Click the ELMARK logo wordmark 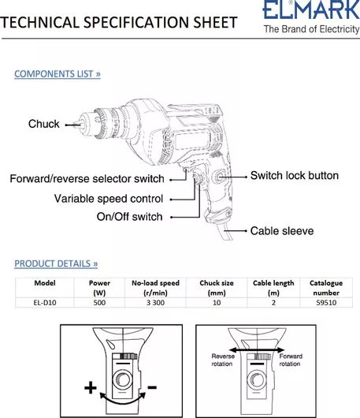pos(311,9)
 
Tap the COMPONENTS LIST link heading pos(58,74)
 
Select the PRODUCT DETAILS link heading pos(56,263)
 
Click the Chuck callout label pos(44,124)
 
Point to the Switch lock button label pos(295,176)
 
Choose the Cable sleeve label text pos(282,231)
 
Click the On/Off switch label pos(129,217)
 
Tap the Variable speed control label pos(109,199)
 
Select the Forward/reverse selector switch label pos(87,178)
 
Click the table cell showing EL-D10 pos(45,303)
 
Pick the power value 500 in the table pos(99,303)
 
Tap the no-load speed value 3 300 pos(155,303)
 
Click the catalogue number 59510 pos(326,303)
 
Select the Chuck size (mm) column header pos(217,288)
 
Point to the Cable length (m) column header pos(273,288)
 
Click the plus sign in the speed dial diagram pos(91,387)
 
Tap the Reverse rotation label pos(223,360)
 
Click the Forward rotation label pos(291,360)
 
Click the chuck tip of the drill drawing pos(74,125)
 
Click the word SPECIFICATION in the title pos(136,22)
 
